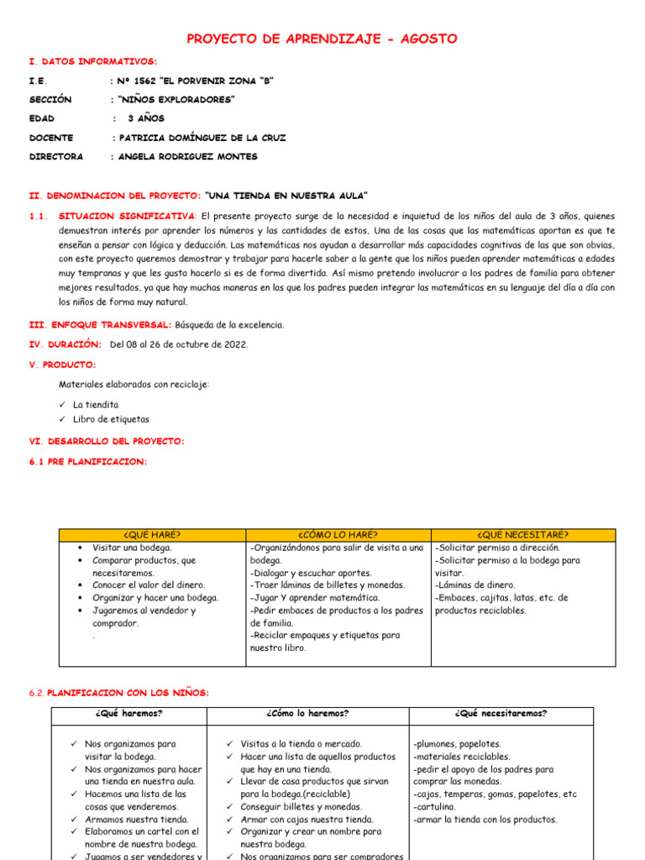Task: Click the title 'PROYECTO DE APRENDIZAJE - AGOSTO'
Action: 322,39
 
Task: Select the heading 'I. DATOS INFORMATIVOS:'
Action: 92,61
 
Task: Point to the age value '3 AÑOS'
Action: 146,118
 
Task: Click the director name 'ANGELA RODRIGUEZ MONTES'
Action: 189,156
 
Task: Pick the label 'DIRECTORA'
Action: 56,156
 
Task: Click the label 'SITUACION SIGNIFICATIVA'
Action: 126,215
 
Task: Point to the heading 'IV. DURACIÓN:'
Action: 66,343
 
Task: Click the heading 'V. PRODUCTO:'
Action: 62,364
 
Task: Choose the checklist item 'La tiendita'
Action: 96,404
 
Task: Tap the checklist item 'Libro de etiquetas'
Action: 112,419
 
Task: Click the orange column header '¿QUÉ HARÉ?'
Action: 152,534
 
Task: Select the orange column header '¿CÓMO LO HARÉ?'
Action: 338,534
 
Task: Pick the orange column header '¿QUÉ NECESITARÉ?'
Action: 522,534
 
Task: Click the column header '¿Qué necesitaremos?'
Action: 501,714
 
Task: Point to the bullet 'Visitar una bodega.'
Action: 132,548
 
